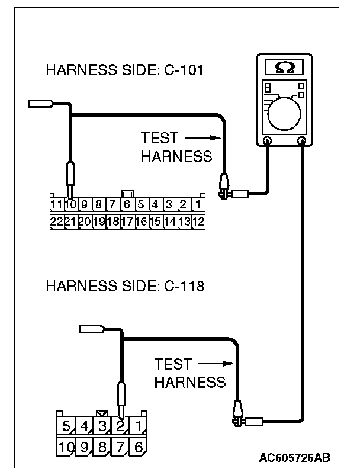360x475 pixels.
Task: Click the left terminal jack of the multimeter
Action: click(267, 141)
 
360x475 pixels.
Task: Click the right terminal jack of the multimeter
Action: click(303, 141)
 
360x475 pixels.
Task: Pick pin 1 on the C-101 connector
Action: click(198, 206)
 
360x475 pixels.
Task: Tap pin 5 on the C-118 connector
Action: click(66, 425)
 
